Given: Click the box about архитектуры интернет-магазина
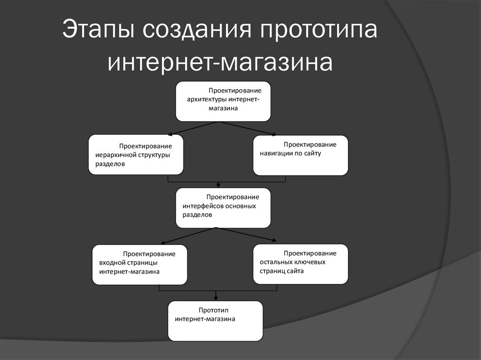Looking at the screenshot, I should click(x=223, y=101).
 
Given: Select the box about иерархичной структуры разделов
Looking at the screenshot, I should click(x=136, y=154).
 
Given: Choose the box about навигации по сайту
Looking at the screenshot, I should click(x=300, y=154).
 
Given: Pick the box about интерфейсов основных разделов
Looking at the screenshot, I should click(x=223, y=207).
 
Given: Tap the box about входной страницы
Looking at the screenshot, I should click(x=140, y=264).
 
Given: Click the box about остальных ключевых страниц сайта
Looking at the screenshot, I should click(x=300, y=264).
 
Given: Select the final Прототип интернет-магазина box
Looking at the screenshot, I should click(x=216, y=321).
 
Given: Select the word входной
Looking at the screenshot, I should click(x=112, y=263).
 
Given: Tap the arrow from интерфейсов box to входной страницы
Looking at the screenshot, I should click(x=188, y=236).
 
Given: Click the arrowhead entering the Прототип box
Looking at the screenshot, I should click(x=216, y=298).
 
